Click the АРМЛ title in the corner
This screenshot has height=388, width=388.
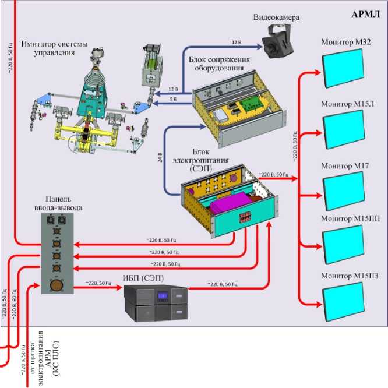tap(365, 14)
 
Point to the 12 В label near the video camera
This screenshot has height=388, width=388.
tap(235, 43)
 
